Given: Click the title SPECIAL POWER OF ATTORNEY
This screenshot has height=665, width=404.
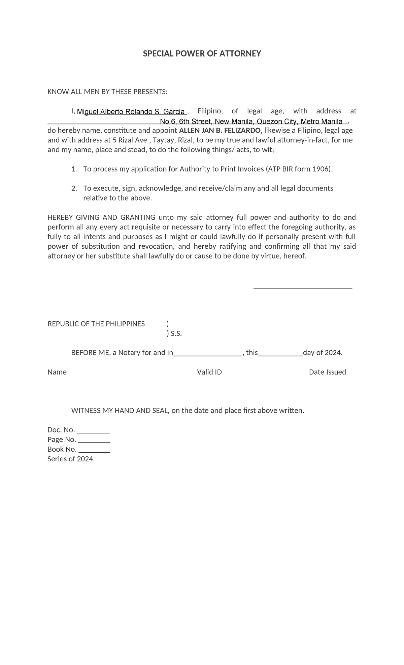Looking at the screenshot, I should pyautogui.click(x=202, y=54).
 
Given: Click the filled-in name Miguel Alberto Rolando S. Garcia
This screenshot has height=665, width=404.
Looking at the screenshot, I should pyautogui.click(x=131, y=112).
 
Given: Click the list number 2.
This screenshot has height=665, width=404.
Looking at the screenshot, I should pyautogui.click(x=74, y=188).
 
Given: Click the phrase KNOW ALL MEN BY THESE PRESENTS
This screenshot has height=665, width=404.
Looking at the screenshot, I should pyautogui.click(x=107, y=92).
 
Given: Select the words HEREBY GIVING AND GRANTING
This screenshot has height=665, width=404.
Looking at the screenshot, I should pyautogui.click(x=101, y=217).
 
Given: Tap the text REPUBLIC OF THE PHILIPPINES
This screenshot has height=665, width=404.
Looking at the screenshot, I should pyautogui.click(x=96, y=324).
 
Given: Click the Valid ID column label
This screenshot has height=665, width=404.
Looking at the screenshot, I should pyautogui.click(x=209, y=372).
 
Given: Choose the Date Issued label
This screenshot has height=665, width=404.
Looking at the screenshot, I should pyautogui.click(x=327, y=372).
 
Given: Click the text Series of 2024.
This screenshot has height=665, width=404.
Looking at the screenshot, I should pyautogui.click(x=71, y=459).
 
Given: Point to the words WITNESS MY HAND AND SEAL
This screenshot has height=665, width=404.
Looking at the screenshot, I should pyautogui.click(x=120, y=411).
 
